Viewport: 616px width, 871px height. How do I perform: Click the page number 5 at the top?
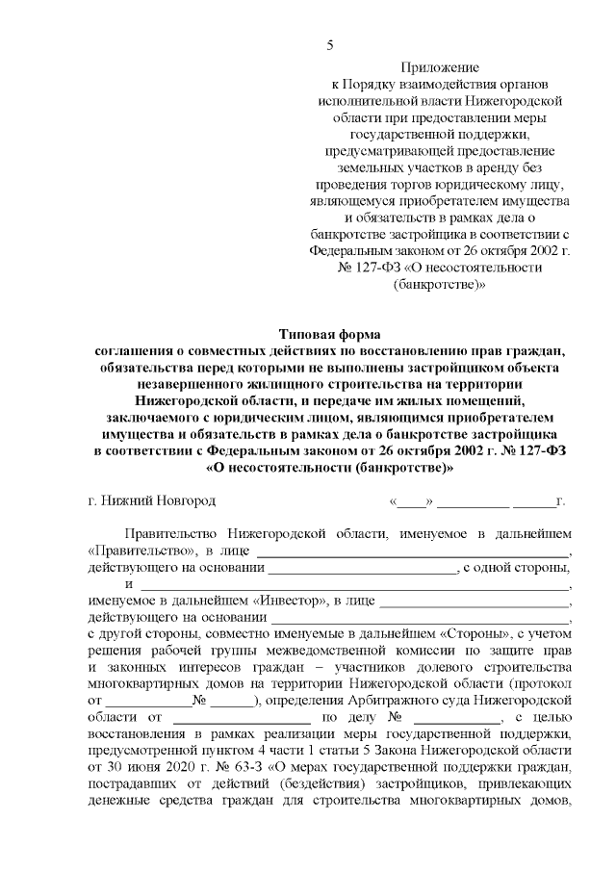click(330, 45)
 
